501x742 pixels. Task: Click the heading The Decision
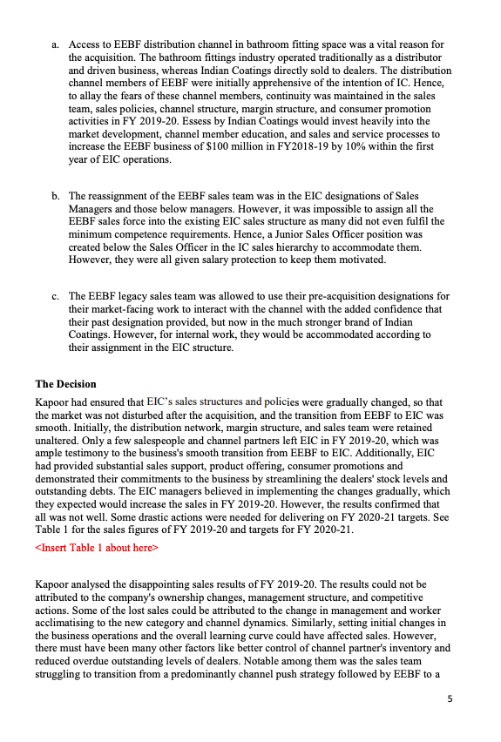pos(65,384)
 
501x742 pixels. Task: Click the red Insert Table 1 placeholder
pos(96,548)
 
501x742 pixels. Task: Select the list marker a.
pos(55,44)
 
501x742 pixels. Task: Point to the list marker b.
pos(55,197)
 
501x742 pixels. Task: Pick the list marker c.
pos(55,296)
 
